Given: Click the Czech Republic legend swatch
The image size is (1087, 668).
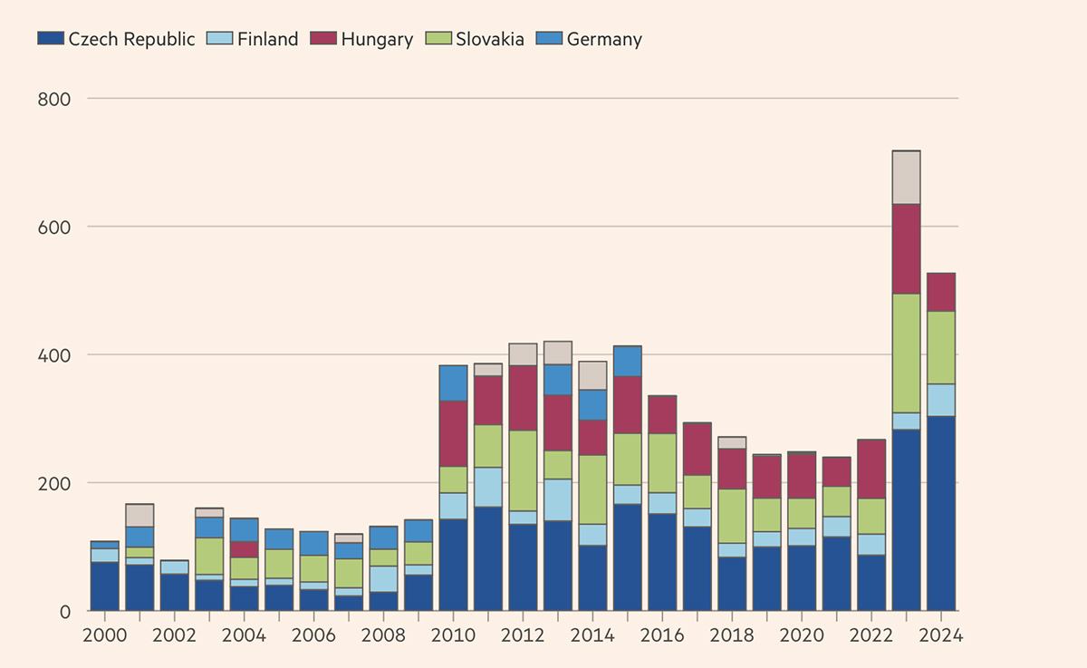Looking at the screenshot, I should pyautogui.click(x=51, y=39).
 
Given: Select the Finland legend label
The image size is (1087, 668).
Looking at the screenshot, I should pyautogui.click(x=267, y=39).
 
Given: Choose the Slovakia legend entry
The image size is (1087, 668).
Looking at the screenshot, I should pyautogui.click(x=490, y=39).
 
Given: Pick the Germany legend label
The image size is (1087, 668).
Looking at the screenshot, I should pyautogui.click(x=604, y=39).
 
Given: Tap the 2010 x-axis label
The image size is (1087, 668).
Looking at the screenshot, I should pyautogui.click(x=453, y=635).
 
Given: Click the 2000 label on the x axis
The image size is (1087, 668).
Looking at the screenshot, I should pyautogui.click(x=105, y=635).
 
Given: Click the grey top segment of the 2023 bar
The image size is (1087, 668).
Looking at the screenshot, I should pyautogui.click(x=907, y=178).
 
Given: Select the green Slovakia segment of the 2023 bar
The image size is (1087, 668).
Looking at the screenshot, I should pyautogui.click(x=907, y=353).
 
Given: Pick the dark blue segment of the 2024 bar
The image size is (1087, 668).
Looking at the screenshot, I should pyautogui.click(x=941, y=513).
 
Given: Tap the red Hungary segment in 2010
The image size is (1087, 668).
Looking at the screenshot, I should pyautogui.click(x=453, y=433).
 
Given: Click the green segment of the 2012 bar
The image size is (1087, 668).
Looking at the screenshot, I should pyautogui.click(x=523, y=470).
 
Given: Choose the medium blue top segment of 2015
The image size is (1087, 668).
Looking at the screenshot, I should pyautogui.click(x=628, y=361).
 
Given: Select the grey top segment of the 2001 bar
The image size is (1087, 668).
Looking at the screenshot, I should pyautogui.click(x=139, y=515).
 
